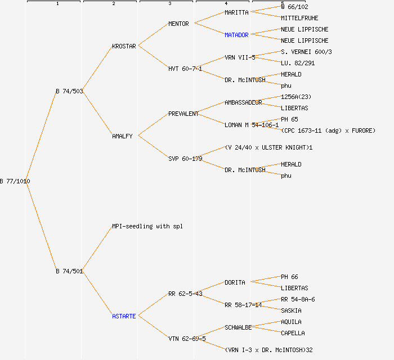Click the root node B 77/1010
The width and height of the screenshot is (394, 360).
[15, 181]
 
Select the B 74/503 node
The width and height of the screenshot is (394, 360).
[69, 91]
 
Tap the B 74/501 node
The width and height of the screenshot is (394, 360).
[69, 271]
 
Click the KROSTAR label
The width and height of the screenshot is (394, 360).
[124, 46]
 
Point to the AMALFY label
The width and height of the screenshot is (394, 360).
[122, 136]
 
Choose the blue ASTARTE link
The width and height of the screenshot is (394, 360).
[124, 316]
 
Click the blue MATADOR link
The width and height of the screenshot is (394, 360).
[236, 35]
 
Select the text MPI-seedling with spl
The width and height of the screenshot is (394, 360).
[147, 226]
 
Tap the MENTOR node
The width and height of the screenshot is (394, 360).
[178, 24]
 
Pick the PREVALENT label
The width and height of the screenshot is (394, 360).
[183, 114]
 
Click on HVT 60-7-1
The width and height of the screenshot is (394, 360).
[185, 69]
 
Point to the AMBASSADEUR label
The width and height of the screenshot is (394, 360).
[243, 102]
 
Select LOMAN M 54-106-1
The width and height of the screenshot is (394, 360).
[252, 125]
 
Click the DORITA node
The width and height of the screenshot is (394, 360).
[235, 282]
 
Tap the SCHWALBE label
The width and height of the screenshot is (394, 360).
[238, 327]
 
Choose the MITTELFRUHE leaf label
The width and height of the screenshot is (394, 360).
[299, 18]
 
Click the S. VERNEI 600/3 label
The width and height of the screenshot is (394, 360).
[306, 52]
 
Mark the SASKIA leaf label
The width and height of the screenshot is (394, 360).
[291, 310]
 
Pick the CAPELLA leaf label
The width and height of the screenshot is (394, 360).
[293, 333]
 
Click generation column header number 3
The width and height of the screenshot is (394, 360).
[169, 4]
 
